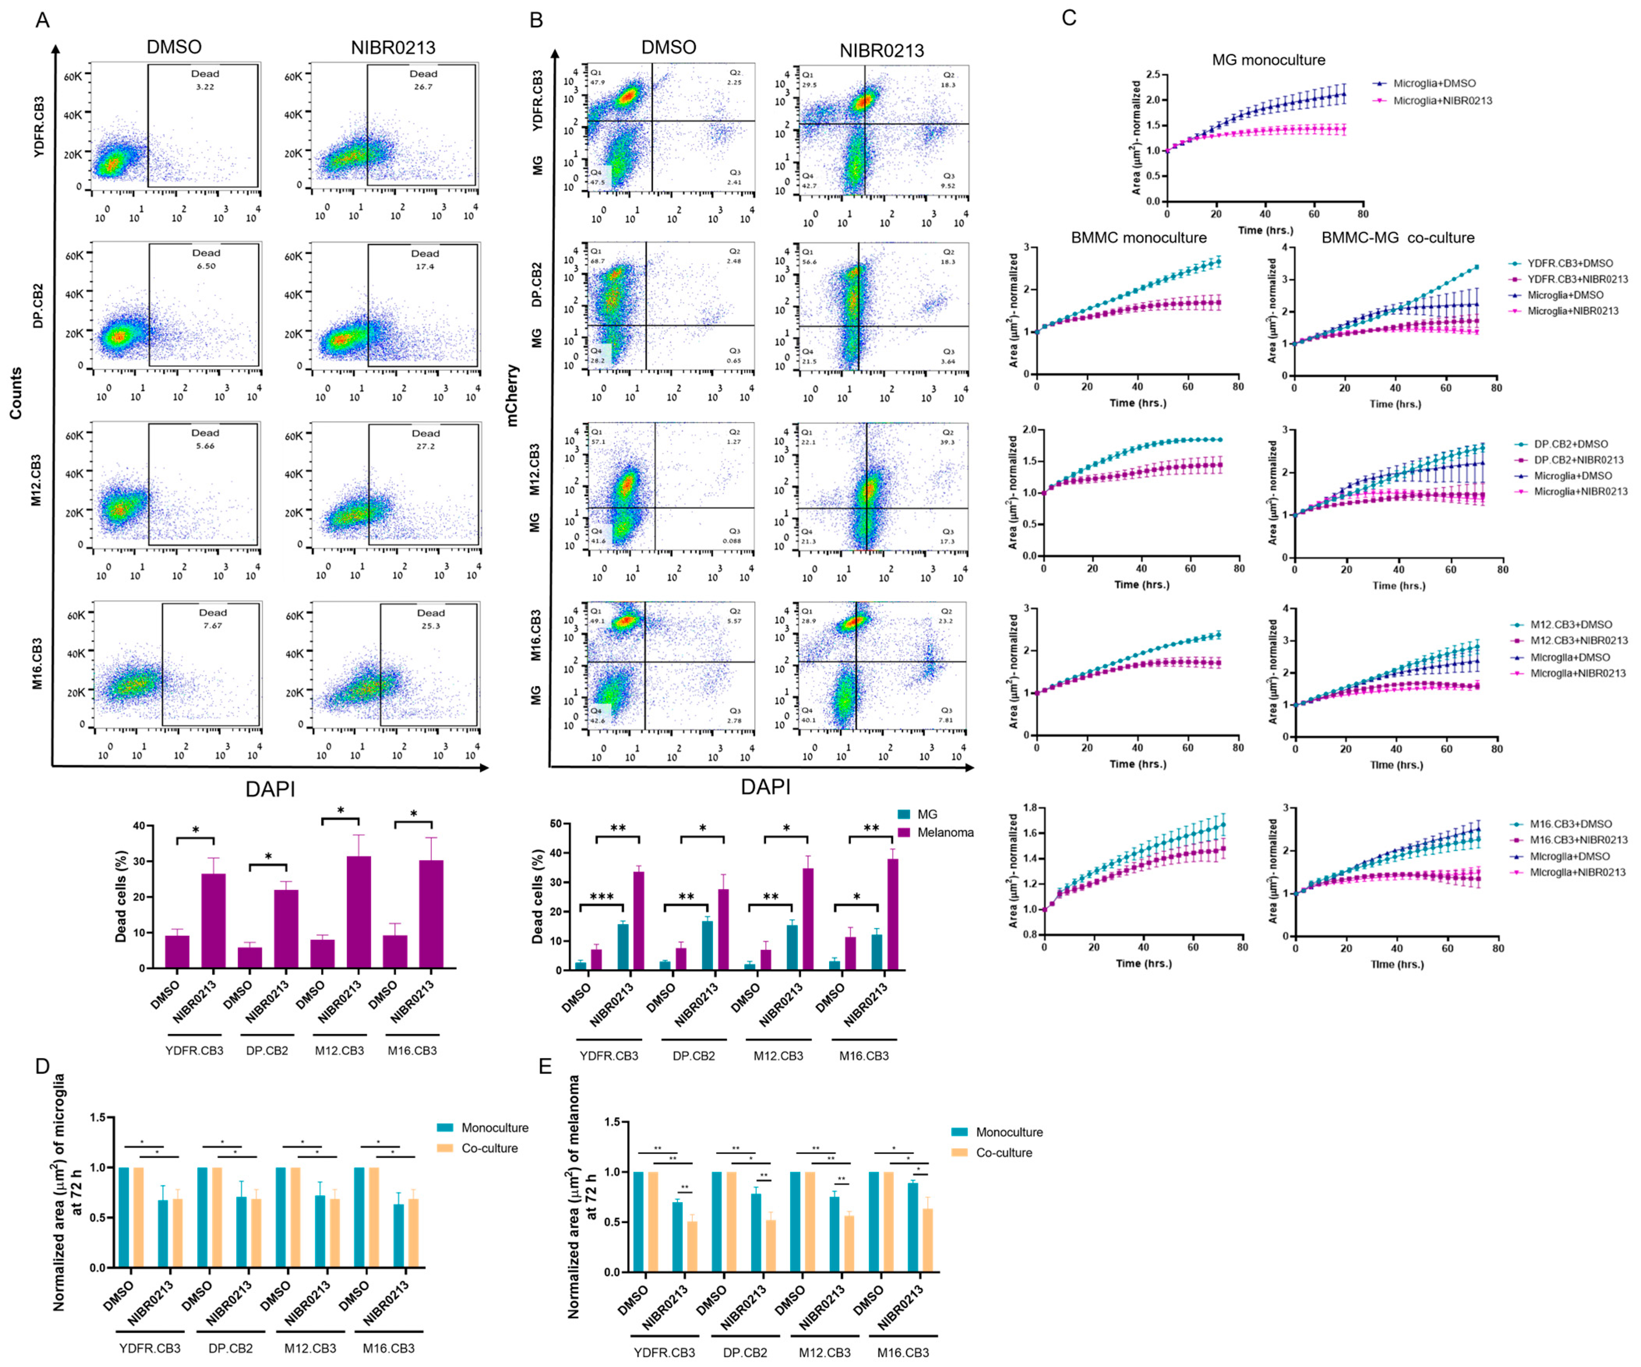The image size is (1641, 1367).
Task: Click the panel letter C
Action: (x=1069, y=17)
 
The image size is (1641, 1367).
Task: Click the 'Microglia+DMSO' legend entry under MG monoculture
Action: (x=1434, y=83)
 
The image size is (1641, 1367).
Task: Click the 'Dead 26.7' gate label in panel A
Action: (x=424, y=80)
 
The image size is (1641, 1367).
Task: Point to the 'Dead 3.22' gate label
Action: (x=205, y=80)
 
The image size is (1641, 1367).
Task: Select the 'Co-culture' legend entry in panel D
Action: (x=489, y=1148)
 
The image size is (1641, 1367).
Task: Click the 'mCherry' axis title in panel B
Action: (x=513, y=395)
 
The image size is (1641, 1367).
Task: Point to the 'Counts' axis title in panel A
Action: (x=16, y=393)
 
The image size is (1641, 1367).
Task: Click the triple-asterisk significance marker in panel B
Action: (x=602, y=897)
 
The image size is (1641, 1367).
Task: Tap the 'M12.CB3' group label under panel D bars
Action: (x=310, y=1348)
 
